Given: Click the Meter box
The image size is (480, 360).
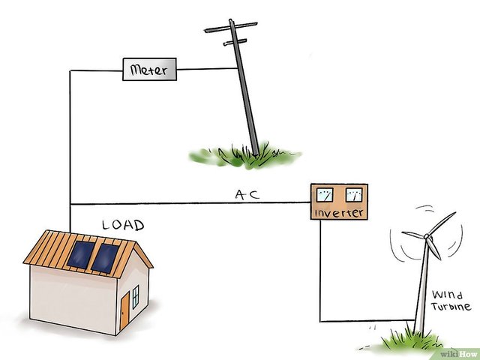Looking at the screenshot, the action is point(149,70).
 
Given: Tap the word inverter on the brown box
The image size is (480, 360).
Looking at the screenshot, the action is point(339,213).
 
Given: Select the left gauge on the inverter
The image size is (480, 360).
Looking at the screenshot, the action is point(325,195).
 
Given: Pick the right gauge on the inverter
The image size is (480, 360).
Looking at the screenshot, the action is point(354,195).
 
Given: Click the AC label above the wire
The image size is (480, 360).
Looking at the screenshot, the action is point(247,195).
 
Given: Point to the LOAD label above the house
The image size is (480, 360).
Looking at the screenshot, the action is point(123,225).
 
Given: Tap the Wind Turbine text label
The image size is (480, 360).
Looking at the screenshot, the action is point(451,301).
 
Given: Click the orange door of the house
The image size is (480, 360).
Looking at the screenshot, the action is point(124,310).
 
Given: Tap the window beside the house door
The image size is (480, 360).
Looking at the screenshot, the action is point(135,297).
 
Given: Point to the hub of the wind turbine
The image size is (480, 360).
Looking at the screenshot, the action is point(427,236).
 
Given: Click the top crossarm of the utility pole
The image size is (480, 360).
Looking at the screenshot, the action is point(231,27).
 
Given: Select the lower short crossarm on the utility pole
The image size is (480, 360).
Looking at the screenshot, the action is point(235,42).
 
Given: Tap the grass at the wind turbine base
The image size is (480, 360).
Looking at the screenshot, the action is point(410,339).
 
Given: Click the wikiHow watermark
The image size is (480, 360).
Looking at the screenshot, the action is point(458,354).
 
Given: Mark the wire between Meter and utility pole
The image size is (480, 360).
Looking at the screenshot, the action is point(207,69).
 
